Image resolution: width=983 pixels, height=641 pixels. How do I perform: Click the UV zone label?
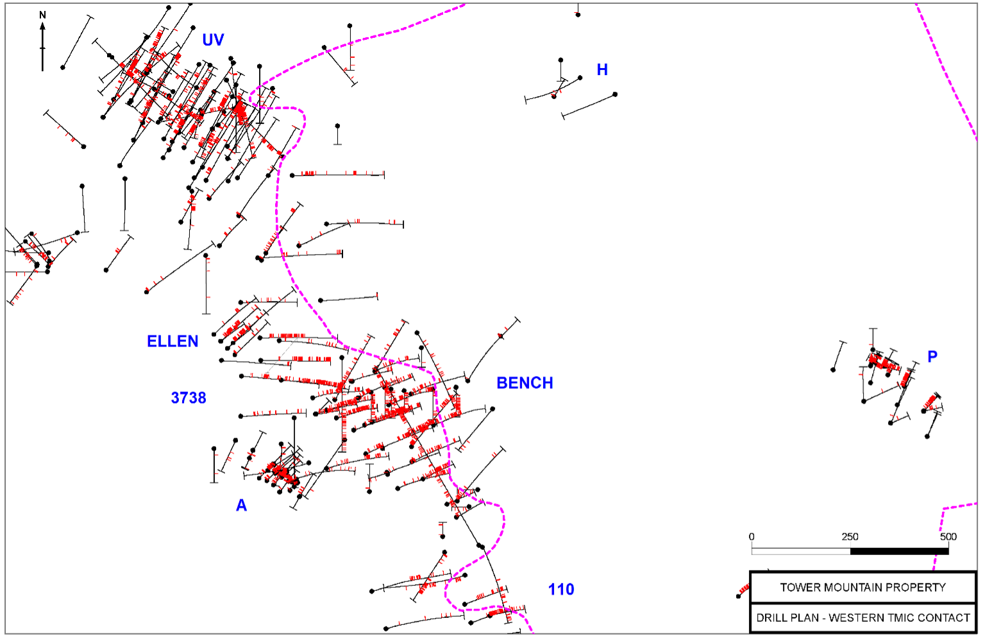(x=213, y=40)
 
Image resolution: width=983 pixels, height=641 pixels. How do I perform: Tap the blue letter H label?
(x=602, y=70)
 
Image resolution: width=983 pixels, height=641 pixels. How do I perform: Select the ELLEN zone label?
(x=172, y=341)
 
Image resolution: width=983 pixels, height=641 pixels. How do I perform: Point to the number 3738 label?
(x=189, y=398)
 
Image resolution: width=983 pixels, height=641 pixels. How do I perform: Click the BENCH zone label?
(x=525, y=383)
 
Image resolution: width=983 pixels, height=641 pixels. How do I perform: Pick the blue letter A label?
(x=241, y=506)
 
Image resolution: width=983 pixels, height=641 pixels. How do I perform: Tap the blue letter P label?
(x=932, y=357)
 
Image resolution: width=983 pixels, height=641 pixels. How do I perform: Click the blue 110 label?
(x=561, y=590)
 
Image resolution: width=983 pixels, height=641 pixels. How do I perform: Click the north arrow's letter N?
(x=43, y=15)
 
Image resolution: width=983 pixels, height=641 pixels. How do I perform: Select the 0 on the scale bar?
(x=752, y=537)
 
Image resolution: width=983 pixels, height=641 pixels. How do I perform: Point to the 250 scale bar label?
(x=850, y=537)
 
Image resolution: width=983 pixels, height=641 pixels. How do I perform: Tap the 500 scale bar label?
(x=948, y=537)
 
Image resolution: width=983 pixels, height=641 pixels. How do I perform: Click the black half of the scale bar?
(x=899, y=551)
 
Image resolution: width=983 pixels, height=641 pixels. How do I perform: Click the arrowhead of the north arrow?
(x=43, y=26)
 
